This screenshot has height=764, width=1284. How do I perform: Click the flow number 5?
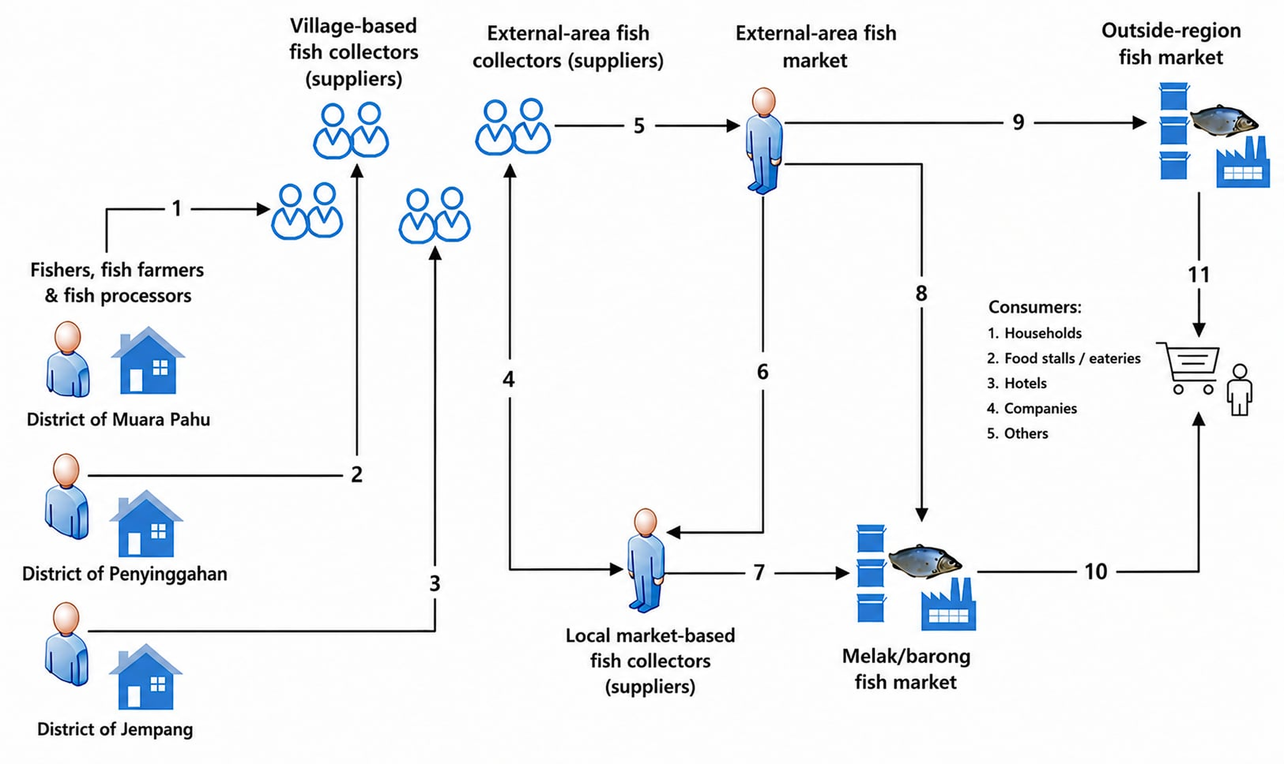tap(639, 125)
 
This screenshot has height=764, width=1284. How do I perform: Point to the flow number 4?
tap(509, 379)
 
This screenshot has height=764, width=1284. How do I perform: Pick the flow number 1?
tap(177, 209)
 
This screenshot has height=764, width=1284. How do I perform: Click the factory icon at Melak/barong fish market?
tap(948, 604)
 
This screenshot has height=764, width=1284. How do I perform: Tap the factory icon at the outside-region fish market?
tap(1243, 162)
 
